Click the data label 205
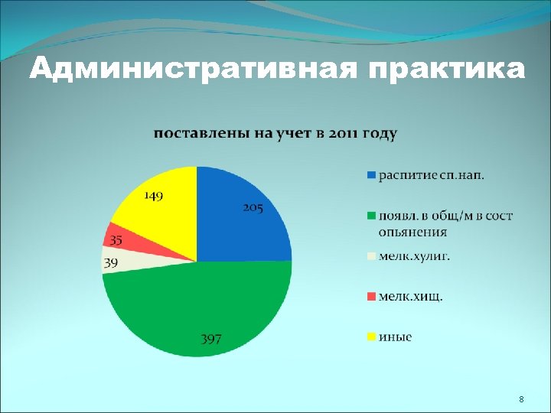coord(253,207)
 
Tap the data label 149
coord(153,196)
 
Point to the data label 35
coord(116,239)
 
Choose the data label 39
coord(112,262)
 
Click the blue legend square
coord(371,175)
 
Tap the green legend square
coord(371,216)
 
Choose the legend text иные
coord(395,337)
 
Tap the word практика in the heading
coord(447,70)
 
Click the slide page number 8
coord(521,400)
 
